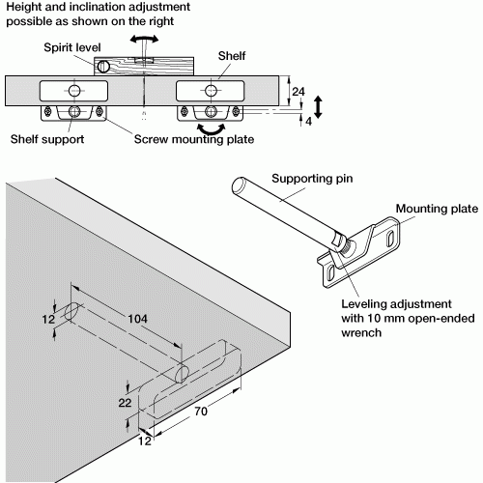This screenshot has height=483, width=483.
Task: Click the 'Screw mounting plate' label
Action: coord(192,139)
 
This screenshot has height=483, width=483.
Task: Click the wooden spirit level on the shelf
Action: coord(145,66)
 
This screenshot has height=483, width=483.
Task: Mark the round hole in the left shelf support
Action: coord(73,90)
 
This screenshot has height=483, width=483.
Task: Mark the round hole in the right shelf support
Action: coord(212,90)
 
